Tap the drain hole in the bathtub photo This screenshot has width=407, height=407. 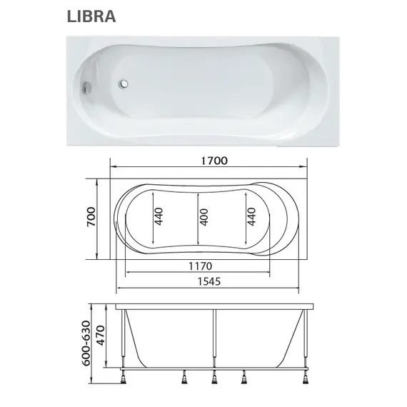click(x=126, y=84)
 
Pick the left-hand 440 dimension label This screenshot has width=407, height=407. click(x=159, y=217)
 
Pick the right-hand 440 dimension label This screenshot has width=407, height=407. click(x=251, y=217)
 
